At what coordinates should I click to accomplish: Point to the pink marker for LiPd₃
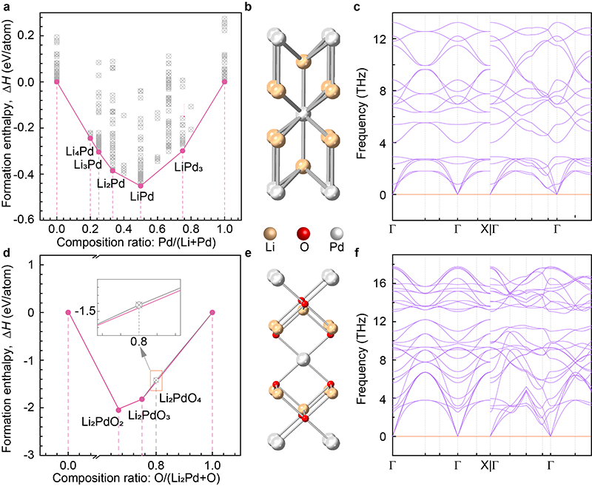point(183,151)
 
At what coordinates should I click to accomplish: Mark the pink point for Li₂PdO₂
point(118,410)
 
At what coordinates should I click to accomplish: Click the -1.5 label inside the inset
point(108,311)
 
